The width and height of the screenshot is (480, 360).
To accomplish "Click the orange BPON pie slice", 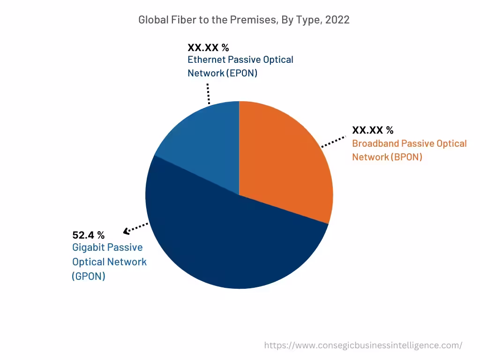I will pos(286,159).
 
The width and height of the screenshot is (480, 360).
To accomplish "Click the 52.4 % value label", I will pos(88,235).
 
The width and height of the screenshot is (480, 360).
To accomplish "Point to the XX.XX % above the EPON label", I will pos(208,47).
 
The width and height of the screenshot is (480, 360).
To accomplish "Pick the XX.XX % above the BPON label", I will pos(373,130).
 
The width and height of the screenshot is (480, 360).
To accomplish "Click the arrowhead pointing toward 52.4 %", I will pos(126,231).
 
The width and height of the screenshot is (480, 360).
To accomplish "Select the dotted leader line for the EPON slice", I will pos(208,94).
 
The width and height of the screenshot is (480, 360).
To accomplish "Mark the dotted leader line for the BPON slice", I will pos(334,142).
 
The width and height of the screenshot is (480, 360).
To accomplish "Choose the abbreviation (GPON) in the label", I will pos(89,276).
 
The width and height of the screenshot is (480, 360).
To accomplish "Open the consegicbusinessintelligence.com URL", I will pos(363,345).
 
